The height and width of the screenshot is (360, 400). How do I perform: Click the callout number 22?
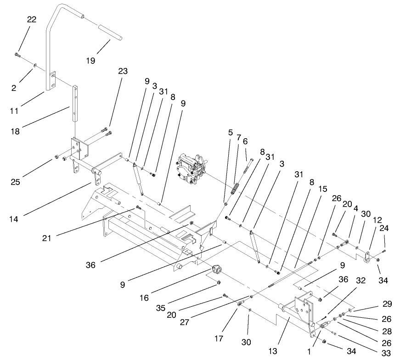(x=31, y=19)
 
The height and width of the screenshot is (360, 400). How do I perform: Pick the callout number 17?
(x=219, y=339)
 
